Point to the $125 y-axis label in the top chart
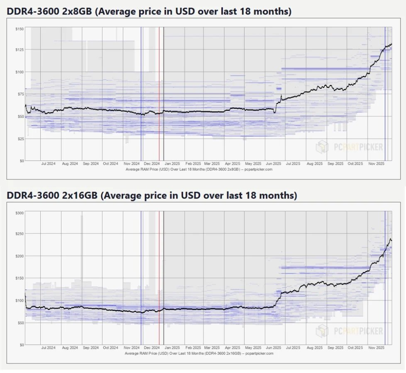tap(19, 50)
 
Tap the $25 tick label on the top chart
tap(20, 138)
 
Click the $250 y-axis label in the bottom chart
tap(19, 234)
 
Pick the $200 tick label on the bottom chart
tap(19, 256)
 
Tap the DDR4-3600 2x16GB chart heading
tap(152, 196)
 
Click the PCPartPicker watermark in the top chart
tap(350, 147)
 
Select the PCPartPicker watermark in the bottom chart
tap(350, 331)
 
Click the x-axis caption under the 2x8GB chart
tap(198, 169)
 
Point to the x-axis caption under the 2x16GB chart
tap(198, 354)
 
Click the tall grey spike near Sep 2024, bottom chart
tap(82, 249)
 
